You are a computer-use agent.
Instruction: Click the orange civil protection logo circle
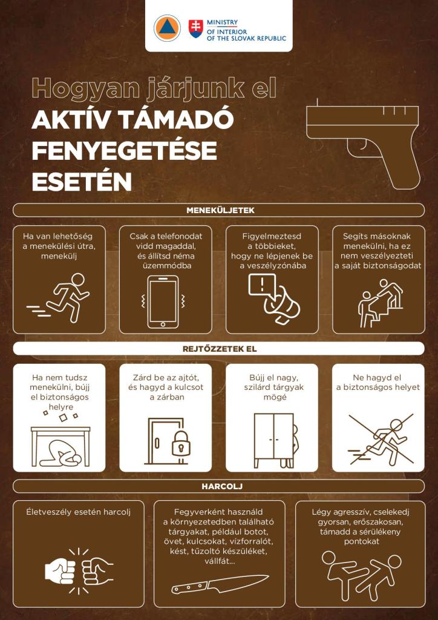pos(167,28)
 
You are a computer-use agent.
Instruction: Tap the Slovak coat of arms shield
pos(196,29)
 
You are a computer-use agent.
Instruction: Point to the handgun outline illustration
pos(362,143)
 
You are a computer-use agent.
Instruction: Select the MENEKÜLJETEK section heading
pos(220,210)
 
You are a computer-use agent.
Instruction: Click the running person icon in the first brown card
pos(59,298)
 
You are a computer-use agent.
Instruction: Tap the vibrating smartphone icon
pos(163,302)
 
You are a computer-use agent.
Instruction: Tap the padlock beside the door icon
pos(181,443)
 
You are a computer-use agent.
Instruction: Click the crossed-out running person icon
pos(381,439)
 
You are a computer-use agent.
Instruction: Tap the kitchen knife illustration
pos(220,584)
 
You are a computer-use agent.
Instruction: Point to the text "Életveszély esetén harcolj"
pos(79,512)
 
